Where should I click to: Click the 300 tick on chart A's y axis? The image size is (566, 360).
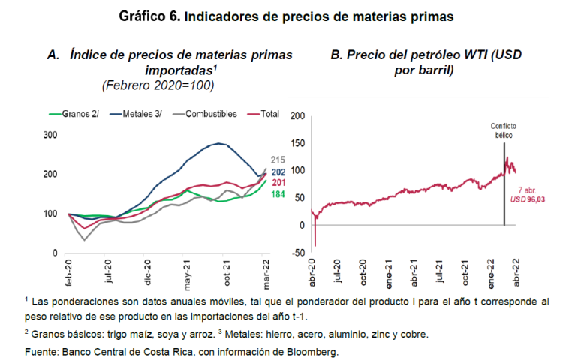click(x=51, y=135)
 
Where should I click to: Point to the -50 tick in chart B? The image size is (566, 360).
click(x=298, y=253)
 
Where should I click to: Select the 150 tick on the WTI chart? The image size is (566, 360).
click(x=298, y=142)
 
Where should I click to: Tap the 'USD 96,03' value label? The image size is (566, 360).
click(x=525, y=199)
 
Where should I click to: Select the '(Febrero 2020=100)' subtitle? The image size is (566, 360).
click(x=158, y=85)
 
